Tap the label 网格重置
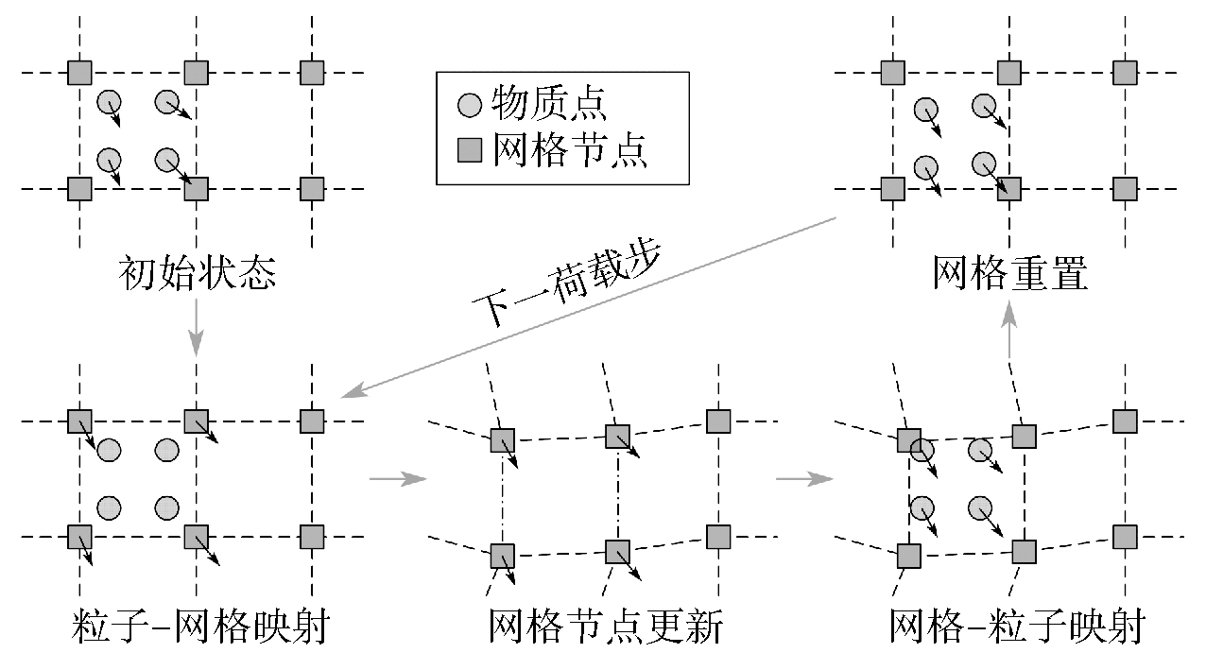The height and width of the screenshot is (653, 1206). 1009,275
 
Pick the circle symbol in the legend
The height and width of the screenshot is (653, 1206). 470,105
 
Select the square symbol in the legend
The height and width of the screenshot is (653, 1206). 470,150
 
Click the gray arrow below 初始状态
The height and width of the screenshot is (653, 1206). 196,326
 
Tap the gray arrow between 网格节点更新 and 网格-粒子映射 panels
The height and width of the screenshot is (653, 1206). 803,479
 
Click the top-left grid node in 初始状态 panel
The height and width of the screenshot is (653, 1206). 80,72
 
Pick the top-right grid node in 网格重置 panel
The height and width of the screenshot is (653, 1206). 1125,72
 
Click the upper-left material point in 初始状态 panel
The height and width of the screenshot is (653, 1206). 109,100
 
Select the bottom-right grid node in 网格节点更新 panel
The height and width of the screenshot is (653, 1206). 718,537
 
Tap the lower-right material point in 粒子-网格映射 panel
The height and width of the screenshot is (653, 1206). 167,507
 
